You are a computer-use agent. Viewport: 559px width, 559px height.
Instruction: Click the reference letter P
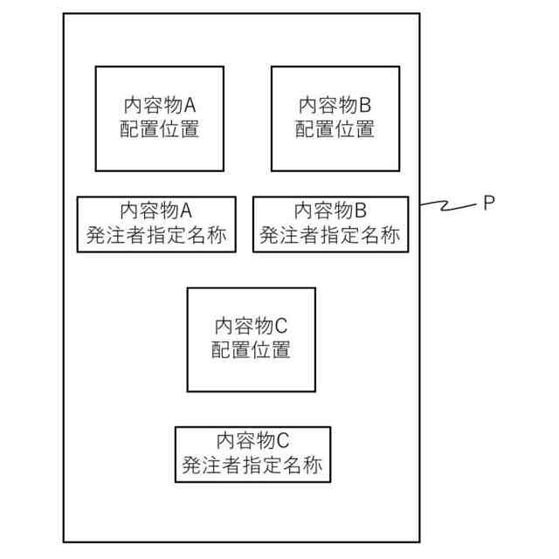point(488,203)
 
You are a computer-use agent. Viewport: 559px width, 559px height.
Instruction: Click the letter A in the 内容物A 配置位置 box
point(190,106)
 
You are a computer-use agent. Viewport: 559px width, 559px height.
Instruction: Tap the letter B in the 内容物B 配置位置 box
point(365,106)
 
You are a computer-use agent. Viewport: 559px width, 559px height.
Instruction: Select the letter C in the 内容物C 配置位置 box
point(280,327)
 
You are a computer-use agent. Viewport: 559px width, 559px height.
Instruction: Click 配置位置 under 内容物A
point(159,130)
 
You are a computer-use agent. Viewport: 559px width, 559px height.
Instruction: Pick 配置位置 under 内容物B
point(335,130)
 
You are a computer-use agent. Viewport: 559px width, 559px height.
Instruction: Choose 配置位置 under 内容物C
point(251,351)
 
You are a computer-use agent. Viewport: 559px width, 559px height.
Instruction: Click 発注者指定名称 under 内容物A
point(155,235)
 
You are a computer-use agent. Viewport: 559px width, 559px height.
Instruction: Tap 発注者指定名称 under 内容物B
point(330,235)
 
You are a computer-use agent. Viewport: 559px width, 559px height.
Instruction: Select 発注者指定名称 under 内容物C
point(252,466)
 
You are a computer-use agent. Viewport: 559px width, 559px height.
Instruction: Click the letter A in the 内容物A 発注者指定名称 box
point(185,211)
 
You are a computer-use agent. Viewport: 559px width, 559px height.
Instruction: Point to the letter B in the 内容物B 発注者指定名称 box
point(361,211)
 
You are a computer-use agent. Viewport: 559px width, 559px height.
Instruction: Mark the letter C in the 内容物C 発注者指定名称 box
point(283,441)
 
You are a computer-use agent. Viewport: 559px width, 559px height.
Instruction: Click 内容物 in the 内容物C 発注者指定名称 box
point(245,441)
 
